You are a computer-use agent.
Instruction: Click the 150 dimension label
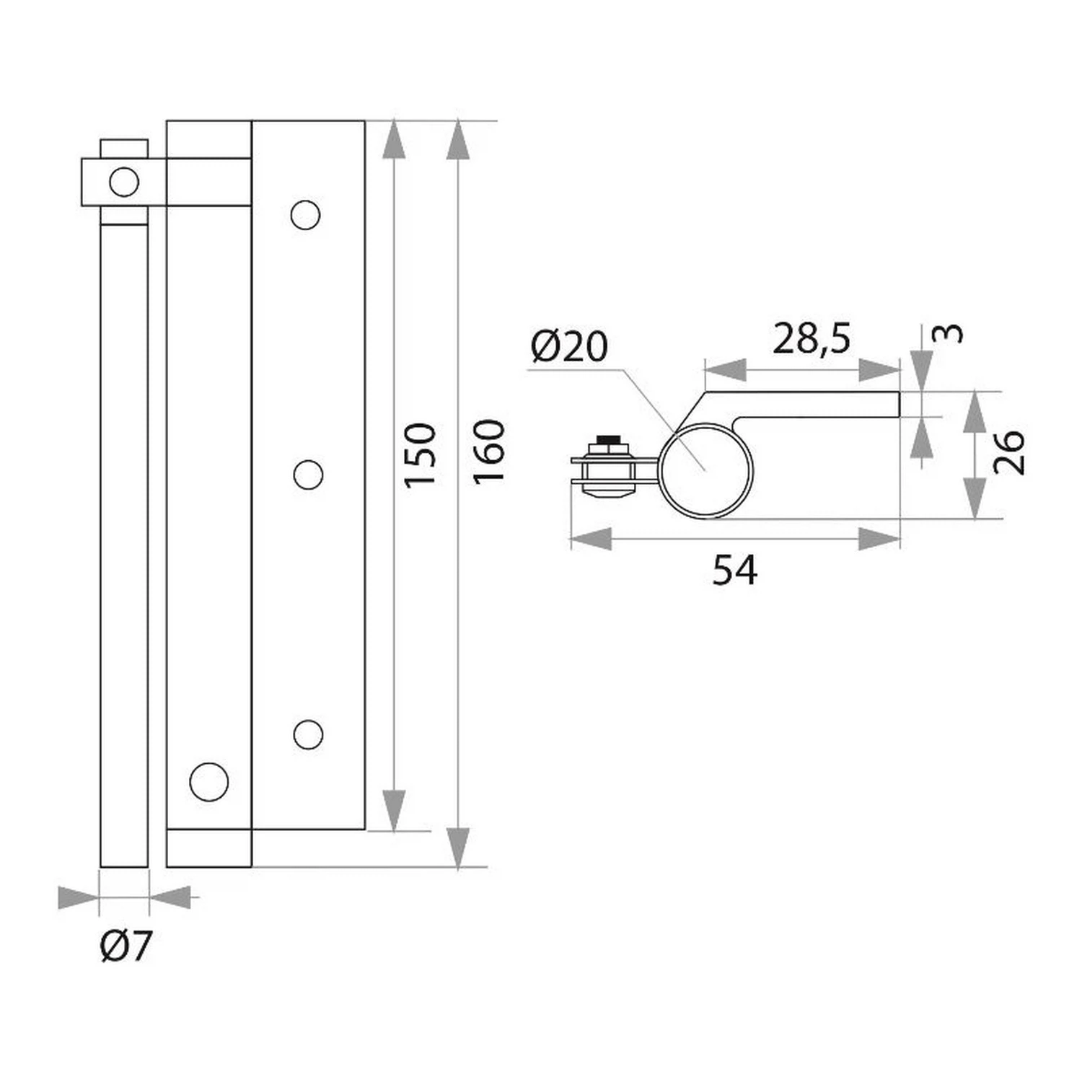point(421,455)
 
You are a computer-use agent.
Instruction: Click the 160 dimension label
point(488,452)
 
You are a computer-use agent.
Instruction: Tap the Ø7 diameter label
point(126,946)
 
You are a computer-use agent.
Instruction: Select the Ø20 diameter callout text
point(569,346)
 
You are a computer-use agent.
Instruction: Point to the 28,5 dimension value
point(811,338)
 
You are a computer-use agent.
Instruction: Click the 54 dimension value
point(735,570)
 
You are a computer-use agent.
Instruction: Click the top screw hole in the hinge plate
point(305,215)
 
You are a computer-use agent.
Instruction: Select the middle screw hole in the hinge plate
point(309,475)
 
